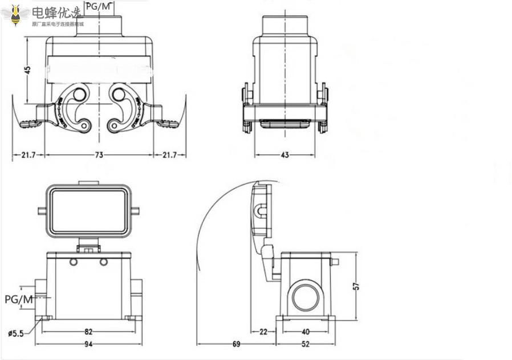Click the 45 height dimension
(x=27, y=69)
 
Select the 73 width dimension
(x=99, y=155)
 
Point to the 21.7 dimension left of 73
(x=29, y=155)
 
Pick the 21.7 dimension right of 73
(x=170, y=155)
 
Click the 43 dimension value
(x=285, y=155)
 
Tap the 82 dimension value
(x=88, y=331)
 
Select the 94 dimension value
(x=88, y=343)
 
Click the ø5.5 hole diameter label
(x=15, y=334)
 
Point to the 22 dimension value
(x=263, y=331)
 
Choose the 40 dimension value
(x=306, y=331)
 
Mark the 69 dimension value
(x=235, y=343)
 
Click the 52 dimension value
(x=306, y=343)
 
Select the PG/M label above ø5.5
(x=19, y=299)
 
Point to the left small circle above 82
(x=73, y=262)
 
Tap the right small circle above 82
(x=103, y=262)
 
